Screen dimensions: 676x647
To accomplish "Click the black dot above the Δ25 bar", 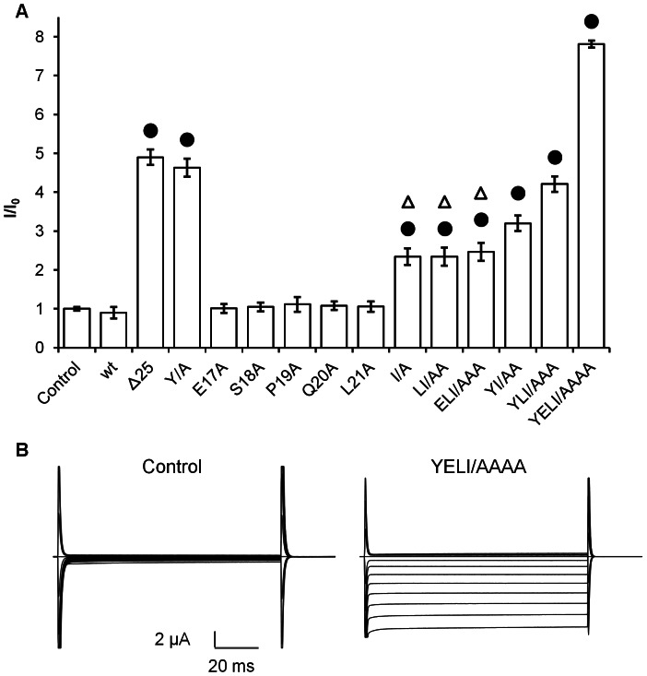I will tap(150, 131).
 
